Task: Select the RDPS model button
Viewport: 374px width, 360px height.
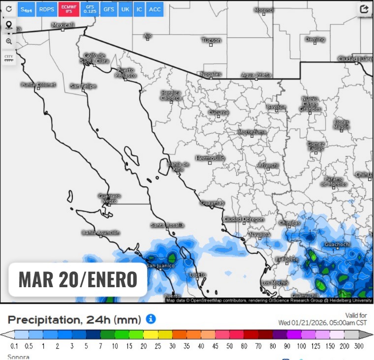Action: coord(47,9)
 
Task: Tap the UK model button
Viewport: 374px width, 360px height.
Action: coord(125,9)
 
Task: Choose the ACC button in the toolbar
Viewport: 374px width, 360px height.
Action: coord(155,9)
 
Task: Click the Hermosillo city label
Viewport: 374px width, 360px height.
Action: coord(210,158)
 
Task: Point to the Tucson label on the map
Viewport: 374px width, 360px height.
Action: coord(211,40)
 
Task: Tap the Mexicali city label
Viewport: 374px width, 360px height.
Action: coord(63,25)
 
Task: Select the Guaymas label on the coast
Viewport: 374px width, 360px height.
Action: coord(212,203)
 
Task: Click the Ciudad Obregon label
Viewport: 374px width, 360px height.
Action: coord(244,219)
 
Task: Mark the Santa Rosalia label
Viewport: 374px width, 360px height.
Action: coord(168,225)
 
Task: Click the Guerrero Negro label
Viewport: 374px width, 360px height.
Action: coord(109,198)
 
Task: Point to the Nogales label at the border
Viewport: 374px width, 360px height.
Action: coord(211,75)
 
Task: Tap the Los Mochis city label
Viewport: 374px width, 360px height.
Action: coord(275,283)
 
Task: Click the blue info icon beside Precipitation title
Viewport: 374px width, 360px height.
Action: coord(151,319)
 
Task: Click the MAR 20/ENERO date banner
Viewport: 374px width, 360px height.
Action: coord(78,279)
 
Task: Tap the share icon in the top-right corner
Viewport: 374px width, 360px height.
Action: coord(364,9)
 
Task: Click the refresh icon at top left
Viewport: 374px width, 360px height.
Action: coord(9,9)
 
